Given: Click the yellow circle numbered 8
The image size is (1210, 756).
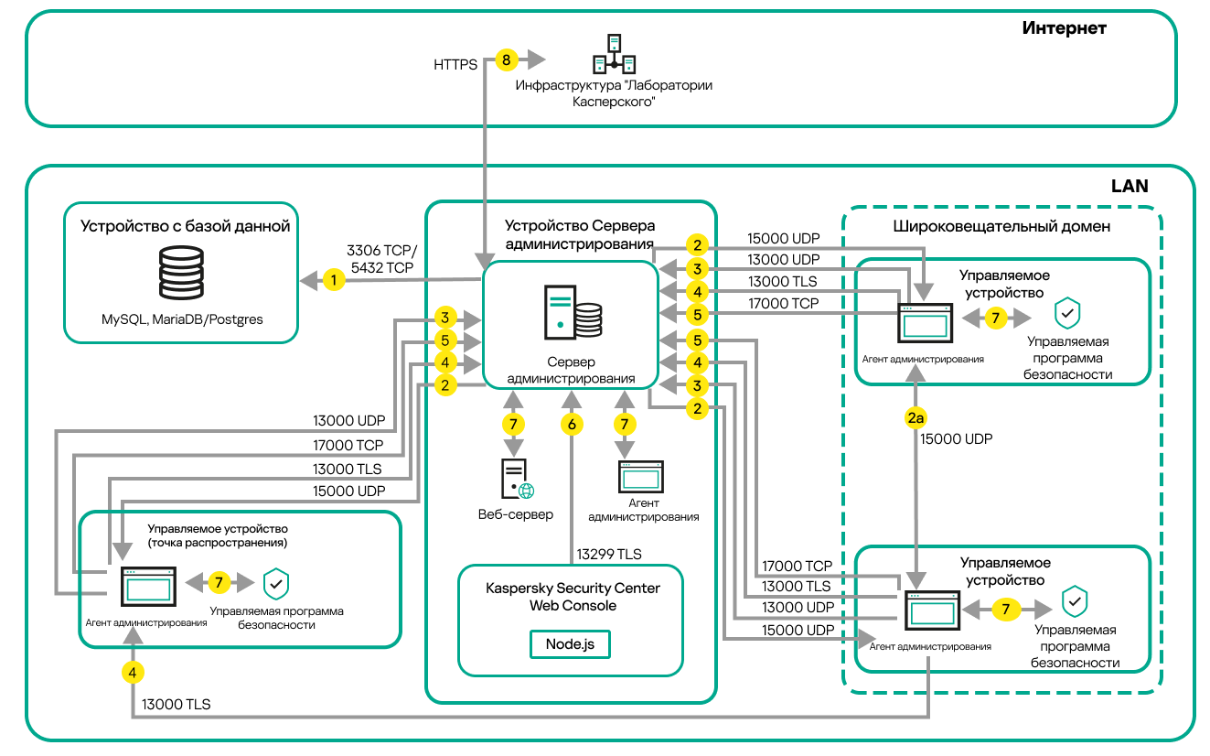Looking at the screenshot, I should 506,60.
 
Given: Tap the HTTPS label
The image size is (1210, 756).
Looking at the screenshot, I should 455,65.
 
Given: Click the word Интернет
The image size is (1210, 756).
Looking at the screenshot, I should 1064,28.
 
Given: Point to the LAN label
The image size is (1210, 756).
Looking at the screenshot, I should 1130,186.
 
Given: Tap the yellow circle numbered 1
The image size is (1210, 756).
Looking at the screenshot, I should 335,280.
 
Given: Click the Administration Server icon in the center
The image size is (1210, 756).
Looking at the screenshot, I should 573,311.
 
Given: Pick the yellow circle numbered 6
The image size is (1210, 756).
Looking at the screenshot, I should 572,424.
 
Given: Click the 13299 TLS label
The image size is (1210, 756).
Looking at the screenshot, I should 608,554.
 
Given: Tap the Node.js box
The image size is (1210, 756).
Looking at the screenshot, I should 570,643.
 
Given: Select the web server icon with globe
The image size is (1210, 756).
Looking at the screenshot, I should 517,478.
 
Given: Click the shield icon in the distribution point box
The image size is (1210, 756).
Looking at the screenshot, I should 275,583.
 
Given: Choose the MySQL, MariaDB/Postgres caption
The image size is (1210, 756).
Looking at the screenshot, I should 182,319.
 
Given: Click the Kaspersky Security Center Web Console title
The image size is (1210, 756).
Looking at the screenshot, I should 572,596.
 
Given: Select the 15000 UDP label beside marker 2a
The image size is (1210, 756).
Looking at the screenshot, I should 956,439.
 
